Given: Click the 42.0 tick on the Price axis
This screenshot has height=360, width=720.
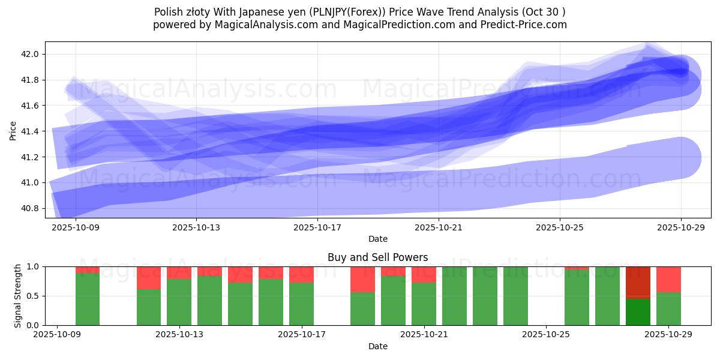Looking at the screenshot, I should click(31, 54).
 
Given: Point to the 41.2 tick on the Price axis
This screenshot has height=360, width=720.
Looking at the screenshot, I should click(31, 157).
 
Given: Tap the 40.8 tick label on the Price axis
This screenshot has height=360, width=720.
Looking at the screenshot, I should click(31, 208).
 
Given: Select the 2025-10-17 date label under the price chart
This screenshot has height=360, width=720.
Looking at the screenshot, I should click(317, 227).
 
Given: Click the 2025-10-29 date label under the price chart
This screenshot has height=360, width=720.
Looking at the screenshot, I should click(680, 227).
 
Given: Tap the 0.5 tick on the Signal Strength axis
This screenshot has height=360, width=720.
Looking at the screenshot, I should click(32, 296).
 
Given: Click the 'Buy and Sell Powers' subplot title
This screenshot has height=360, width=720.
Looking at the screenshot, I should click(377, 257).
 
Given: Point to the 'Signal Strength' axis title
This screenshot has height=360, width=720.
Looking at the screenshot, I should click(17, 295).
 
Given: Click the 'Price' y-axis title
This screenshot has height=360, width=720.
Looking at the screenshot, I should click(13, 130).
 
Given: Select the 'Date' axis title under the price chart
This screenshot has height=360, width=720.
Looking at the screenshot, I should click(377, 239).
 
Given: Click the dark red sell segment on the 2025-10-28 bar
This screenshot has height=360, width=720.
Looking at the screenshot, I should click(638, 282).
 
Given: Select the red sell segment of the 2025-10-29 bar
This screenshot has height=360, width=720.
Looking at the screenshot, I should click(668, 279).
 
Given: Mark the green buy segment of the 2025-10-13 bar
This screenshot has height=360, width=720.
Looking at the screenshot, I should click(179, 302).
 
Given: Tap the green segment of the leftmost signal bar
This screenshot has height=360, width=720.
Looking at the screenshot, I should click(88, 299).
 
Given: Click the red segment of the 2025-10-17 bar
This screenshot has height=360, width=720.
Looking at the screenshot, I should click(301, 274).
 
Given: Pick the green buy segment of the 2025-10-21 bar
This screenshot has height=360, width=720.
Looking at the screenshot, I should click(424, 304).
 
